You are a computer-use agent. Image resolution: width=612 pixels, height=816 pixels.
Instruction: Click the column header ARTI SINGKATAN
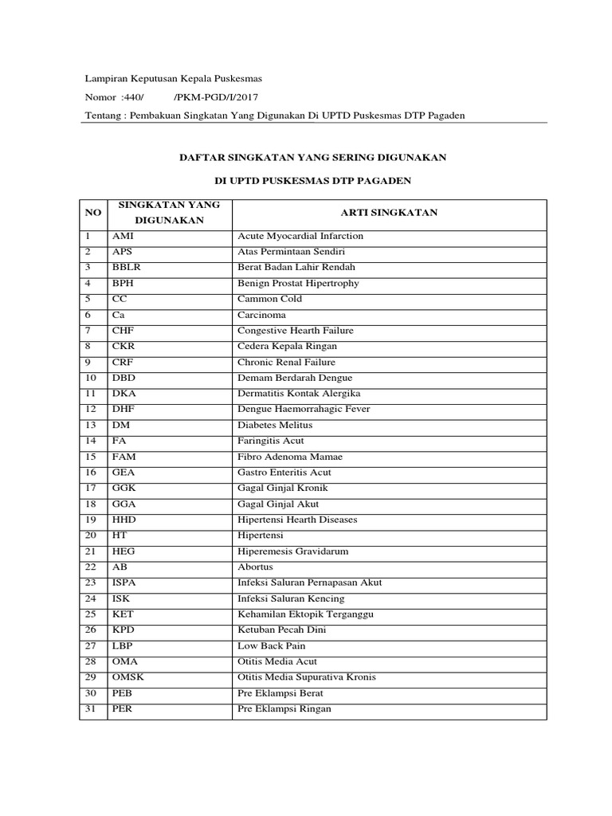(x=389, y=214)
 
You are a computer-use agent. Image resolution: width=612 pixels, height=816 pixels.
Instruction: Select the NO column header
(x=93, y=214)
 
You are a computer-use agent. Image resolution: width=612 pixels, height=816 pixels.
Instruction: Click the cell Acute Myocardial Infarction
(x=300, y=236)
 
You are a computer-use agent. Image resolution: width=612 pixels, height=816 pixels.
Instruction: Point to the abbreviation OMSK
(x=128, y=677)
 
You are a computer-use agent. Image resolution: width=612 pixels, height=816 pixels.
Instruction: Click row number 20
(x=90, y=535)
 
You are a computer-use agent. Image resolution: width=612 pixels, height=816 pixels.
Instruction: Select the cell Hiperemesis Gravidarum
(x=292, y=551)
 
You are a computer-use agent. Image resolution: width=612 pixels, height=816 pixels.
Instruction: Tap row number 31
(x=90, y=708)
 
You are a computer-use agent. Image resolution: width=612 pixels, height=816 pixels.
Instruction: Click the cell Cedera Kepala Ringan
(x=287, y=346)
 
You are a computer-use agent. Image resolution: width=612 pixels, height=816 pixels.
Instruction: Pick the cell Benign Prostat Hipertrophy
(x=298, y=283)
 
